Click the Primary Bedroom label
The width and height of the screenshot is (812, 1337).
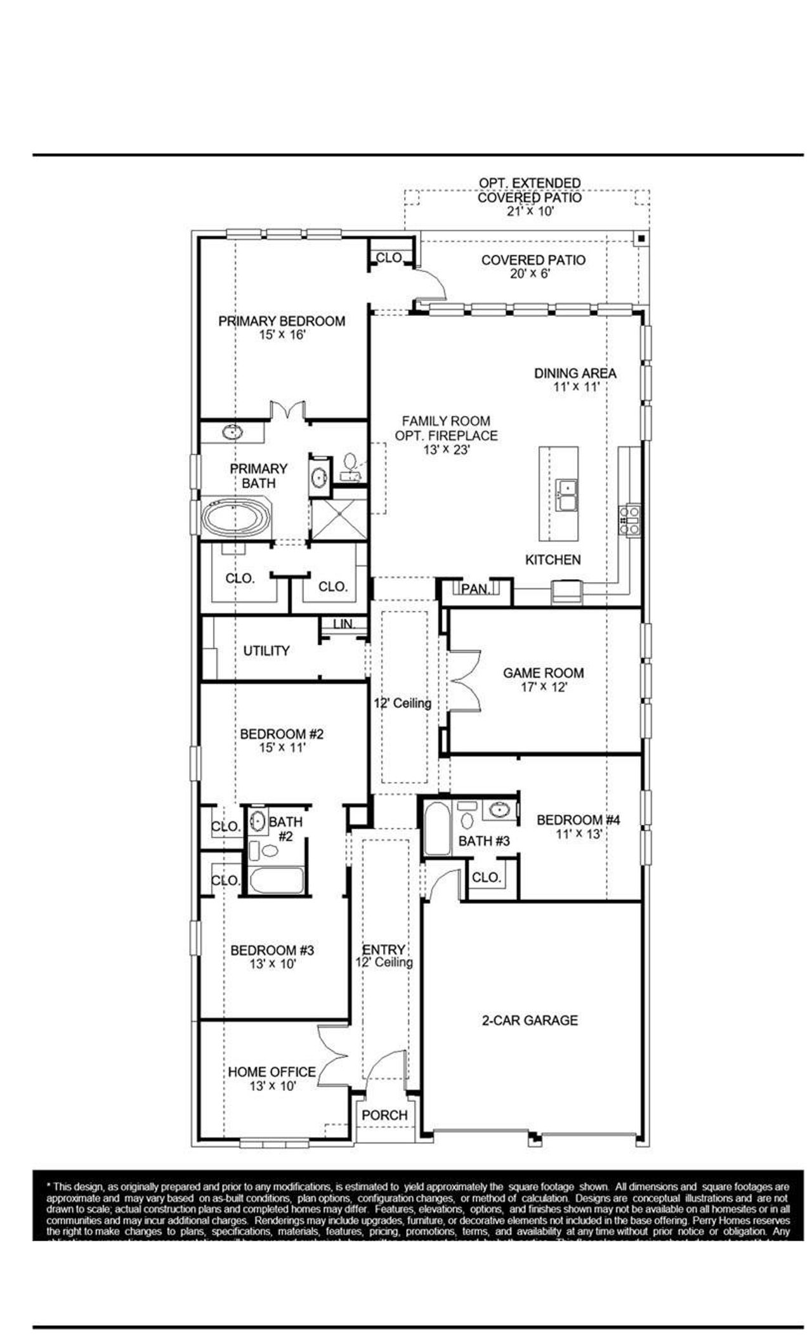(282, 321)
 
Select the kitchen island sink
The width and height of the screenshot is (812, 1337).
(566, 495)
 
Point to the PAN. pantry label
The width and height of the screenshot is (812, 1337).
(475, 589)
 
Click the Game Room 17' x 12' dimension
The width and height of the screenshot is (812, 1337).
(543, 687)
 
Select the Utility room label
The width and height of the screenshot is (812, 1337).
(266, 651)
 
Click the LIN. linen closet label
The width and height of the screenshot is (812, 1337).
(343, 624)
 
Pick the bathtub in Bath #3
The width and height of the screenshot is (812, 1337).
(436, 828)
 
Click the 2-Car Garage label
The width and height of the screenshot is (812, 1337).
(530, 1020)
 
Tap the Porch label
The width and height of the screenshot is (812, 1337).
(384, 1114)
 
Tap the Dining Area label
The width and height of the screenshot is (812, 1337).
(575, 373)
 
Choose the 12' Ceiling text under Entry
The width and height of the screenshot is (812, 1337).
(384, 962)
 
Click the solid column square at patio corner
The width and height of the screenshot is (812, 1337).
(641, 238)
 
